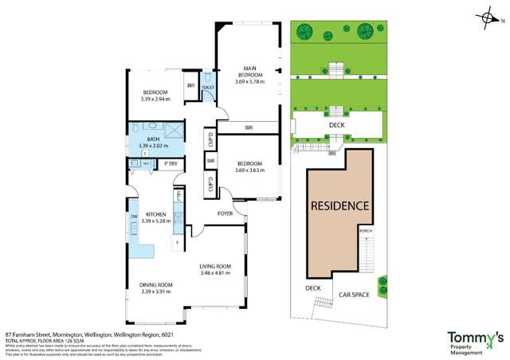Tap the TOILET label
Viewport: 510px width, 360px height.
pyautogui.click(x=208, y=87)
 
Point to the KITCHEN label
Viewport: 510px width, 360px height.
pyautogui.click(x=155, y=214)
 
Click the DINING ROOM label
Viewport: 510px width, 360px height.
pyautogui.click(x=156, y=285)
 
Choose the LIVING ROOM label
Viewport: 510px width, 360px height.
pyautogui.click(x=215, y=267)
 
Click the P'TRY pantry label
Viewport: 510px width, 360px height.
pyautogui.click(x=171, y=164)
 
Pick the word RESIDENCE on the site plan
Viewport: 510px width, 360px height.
pyautogui.click(x=340, y=205)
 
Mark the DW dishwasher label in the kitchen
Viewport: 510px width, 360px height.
pyautogui.click(x=134, y=217)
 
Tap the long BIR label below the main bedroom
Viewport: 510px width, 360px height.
pyautogui.click(x=249, y=127)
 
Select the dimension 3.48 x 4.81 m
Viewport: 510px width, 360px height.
pyautogui.click(x=215, y=274)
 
